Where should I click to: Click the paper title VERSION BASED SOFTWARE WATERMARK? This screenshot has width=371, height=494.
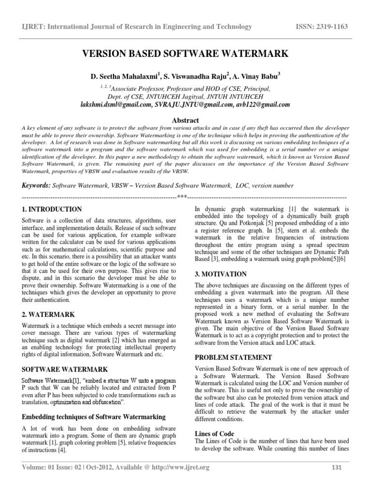click(x=185, y=54)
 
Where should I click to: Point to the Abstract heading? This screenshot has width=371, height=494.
click(x=185, y=120)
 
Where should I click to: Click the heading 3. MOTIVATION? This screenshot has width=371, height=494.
click(x=220, y=274)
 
